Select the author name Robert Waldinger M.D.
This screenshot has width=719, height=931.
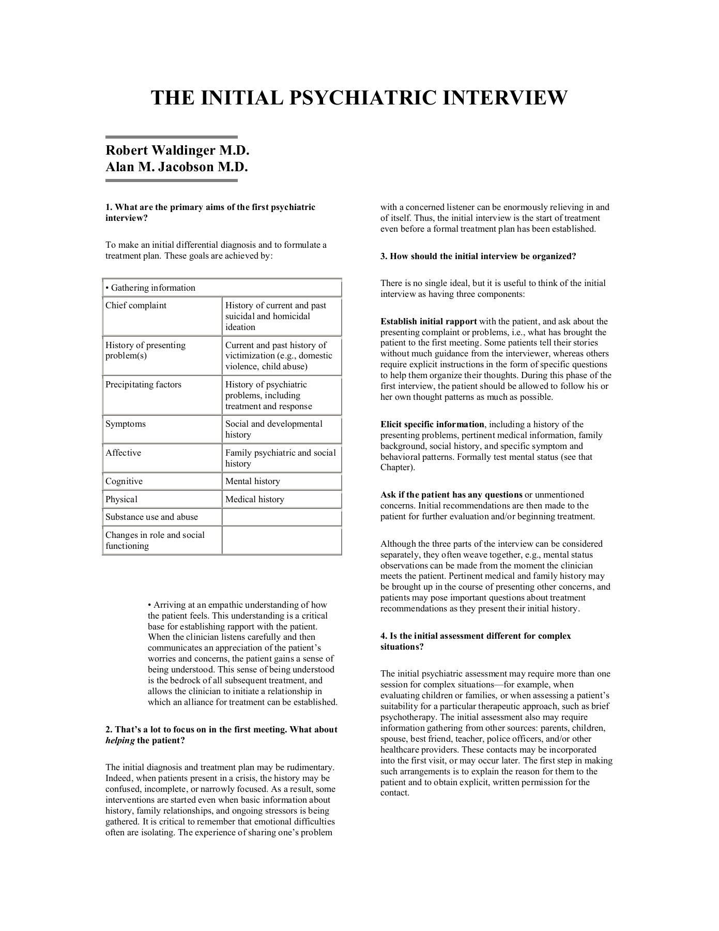pyautogui.click(x=177, y=151)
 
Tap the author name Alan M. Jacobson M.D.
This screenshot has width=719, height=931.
pyautogui.click(x=177, y=167)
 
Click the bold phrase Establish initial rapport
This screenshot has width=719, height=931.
pyautogui.click(x=429, y=321)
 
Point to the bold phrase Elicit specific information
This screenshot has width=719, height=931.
pyautogui.click(x=432, y=424)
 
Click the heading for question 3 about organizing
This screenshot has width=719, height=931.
pyautogui.click(x=478, y=256)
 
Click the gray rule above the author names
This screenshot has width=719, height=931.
pyautogui.click(x=172, y=137)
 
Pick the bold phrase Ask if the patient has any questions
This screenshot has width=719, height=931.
pyautogui.click(x=451, y=494)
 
